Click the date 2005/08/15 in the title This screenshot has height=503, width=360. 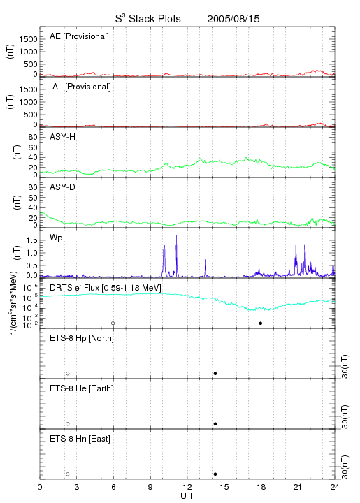pyautogui.click(x=233, y=19)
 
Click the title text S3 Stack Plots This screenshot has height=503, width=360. pyautogui.click(x=148, y=19)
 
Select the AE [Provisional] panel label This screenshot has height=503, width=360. pyautogui.click(x=79, y=36)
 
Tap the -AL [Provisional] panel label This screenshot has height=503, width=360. pyautogui.click(x=80, y=87)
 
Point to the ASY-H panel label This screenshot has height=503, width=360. pyautogui.click(x=63, y=138)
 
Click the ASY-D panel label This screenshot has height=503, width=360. pyautogui.click(x=63, y=187)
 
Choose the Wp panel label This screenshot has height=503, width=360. pyautogui.click(x=56, y=238)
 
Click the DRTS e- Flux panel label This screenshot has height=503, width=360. pyautogui.click(x=106, y=288)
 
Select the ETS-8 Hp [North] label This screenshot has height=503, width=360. pyautogui.click(x=82, y=338)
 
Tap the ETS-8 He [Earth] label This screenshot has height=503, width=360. pyautogui.click(x=82, y=388)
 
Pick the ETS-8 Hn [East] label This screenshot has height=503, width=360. pyautogui.click(x=80, y=439)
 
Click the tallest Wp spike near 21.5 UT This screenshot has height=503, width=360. pyautogui.click(x=305, y=230)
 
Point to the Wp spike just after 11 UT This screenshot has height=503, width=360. pyautogui.click(x=176, y=236)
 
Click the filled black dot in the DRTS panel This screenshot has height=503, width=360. pyautogui.click(x=261, y=323)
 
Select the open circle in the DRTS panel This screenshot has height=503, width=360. pyautogui.click(x=113, y=323)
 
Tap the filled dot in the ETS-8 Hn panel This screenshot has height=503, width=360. pyautogui.click(x=215, y=474)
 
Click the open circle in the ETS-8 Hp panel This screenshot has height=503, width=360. pyautogui.click(x=68, y=374)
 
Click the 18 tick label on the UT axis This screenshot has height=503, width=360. pyautogui.click(x=261, y=487)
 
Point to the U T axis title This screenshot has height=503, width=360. pyautogui.click(x=187, y=496)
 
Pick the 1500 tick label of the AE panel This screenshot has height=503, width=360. pyautogui.click(x=28, y=39)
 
